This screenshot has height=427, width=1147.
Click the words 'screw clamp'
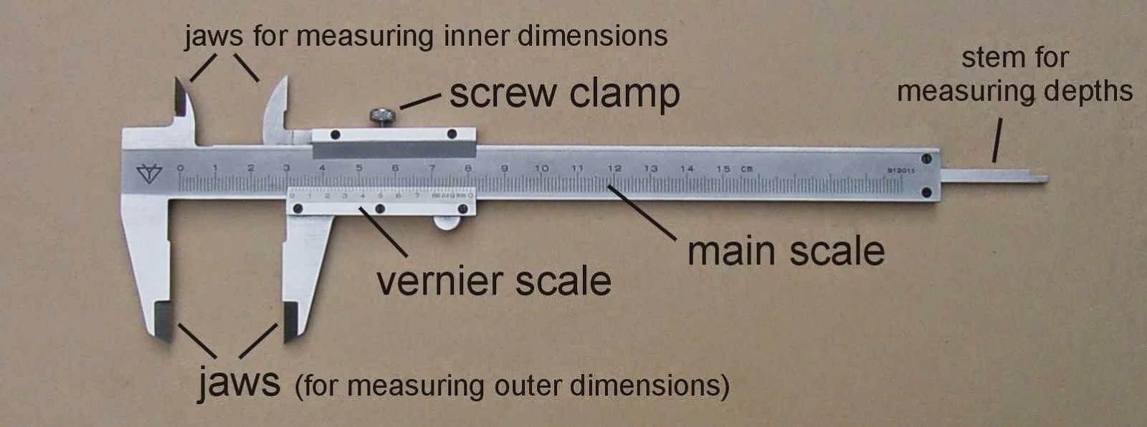564,94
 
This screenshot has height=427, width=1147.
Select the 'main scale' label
786,251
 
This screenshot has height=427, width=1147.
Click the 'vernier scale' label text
494,281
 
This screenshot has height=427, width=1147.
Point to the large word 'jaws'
239,383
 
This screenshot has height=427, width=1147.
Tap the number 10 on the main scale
541,168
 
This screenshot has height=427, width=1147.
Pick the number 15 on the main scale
723,169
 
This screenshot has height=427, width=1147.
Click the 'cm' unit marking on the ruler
747,169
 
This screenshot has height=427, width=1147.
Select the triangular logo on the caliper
149,173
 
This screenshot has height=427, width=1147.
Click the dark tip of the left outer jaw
164,322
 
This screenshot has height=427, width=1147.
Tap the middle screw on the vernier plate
380,209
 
